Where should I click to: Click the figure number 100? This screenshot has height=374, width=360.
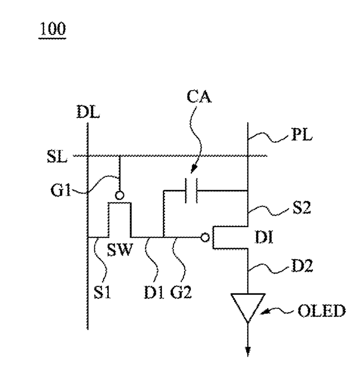53,29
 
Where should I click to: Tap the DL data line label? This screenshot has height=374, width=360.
88,112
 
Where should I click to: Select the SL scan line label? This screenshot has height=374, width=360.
57,157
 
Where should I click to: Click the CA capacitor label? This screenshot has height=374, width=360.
199,97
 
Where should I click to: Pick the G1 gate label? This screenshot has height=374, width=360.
61,190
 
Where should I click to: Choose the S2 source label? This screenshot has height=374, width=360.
302,207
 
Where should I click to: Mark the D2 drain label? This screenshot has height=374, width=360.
302,266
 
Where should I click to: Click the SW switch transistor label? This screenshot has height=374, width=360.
119,249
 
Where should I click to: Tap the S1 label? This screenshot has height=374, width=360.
102,292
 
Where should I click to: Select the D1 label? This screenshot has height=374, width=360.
154,292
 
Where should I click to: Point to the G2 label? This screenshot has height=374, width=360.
181,292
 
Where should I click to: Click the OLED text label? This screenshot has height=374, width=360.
322,311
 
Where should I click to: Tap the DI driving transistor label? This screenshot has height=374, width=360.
264,238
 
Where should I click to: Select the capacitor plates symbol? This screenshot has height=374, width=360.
191,190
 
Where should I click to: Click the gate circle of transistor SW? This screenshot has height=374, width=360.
119,195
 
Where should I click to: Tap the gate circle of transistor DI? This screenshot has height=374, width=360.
205,238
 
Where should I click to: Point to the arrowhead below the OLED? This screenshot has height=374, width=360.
248,351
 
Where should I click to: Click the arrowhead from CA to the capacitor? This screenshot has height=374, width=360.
193,169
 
